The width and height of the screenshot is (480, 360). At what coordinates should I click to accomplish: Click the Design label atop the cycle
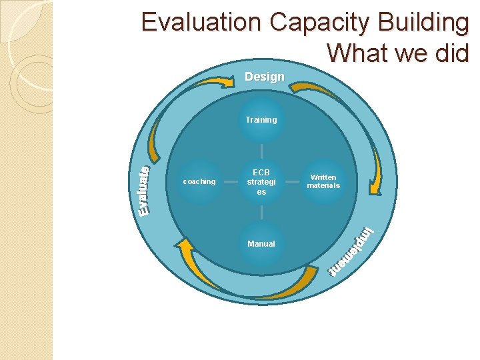click(264, 77)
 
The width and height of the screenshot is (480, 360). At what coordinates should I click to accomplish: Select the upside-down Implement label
click(353, 253)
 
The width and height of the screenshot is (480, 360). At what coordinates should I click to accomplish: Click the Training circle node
click(261, 120)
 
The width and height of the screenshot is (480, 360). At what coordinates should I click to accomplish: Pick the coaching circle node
click(199, 181)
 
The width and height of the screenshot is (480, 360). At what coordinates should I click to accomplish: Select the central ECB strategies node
click(261, 181)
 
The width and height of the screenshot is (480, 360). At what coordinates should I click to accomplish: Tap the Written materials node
click(323, 181)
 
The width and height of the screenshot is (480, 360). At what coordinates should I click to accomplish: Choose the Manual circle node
click(261, 244)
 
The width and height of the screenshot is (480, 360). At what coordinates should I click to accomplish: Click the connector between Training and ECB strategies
click(261, 151)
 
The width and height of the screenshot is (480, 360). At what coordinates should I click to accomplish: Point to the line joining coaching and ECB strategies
click(230, 181)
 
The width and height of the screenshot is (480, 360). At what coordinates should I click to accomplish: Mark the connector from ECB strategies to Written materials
click(292, 181)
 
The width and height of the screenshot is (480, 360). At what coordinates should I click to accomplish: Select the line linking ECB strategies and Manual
click(261, 213)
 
